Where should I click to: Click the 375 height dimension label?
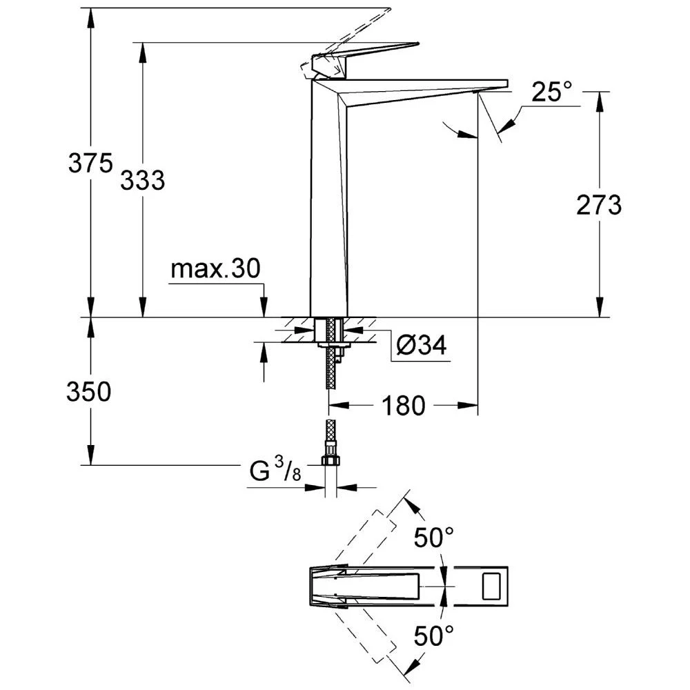tap(90, 164)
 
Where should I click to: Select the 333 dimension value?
tap(143, 181)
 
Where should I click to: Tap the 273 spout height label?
tap(598, 205)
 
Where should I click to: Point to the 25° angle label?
tap(552, 92)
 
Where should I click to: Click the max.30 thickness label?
tap(216, 269)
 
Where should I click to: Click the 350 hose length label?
tap(89, 392)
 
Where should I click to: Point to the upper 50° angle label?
tap(434, 537)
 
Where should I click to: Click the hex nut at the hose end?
tap(331, 460)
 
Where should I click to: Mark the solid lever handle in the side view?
tap(373, 51)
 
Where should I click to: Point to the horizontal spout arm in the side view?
tap(428, 86)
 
